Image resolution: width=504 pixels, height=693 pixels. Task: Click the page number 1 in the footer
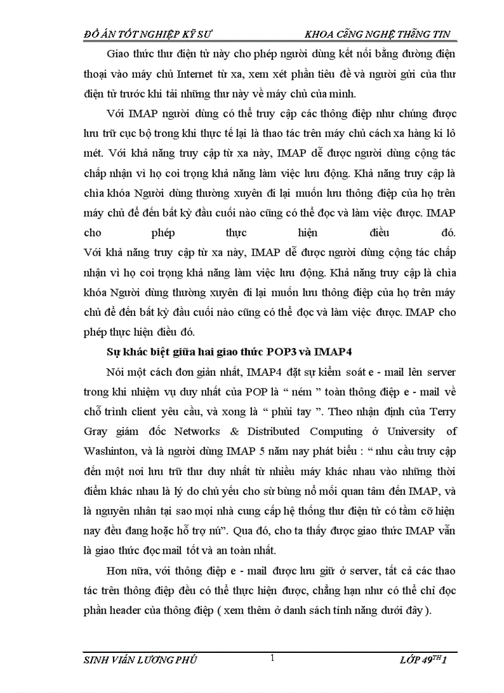(272, 659)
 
